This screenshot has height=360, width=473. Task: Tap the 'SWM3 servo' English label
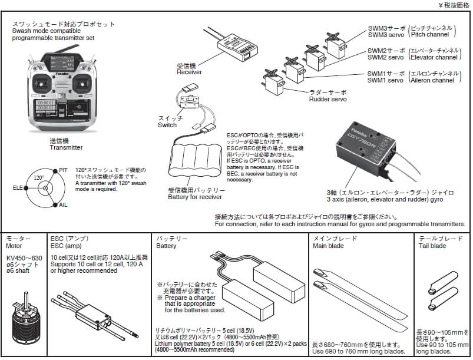tap(385, 35)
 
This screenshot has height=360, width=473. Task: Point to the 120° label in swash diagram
tap(39, 177)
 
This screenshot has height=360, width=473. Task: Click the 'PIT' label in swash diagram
tap(64, 170)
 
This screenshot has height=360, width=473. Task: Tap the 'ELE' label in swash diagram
tap(18, 188)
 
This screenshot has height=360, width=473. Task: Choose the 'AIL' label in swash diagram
tap(64, 205)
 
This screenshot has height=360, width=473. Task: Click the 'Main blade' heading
tap(328, 246)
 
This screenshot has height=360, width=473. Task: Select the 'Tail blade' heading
tap(432, 246)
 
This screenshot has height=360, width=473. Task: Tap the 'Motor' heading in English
tap(14, 246)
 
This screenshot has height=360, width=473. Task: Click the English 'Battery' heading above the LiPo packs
tap(166, 246)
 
